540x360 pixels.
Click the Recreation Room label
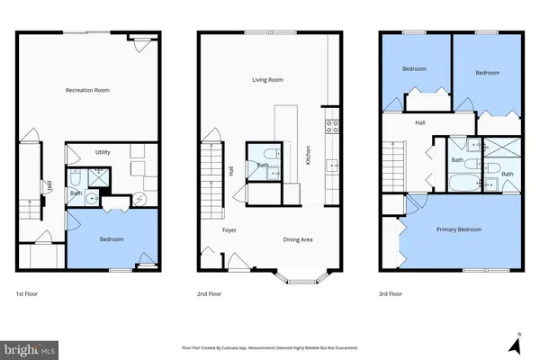[87, 90]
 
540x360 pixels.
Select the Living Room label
[267, 80]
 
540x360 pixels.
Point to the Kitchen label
[308, 155]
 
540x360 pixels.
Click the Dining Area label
[298, 238]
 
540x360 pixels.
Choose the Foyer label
[229, 229]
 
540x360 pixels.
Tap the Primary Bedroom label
[459, 229]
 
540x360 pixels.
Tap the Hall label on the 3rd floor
[419, 122]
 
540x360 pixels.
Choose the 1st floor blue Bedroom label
[112, 238]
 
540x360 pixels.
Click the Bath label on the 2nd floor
[263, 165]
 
